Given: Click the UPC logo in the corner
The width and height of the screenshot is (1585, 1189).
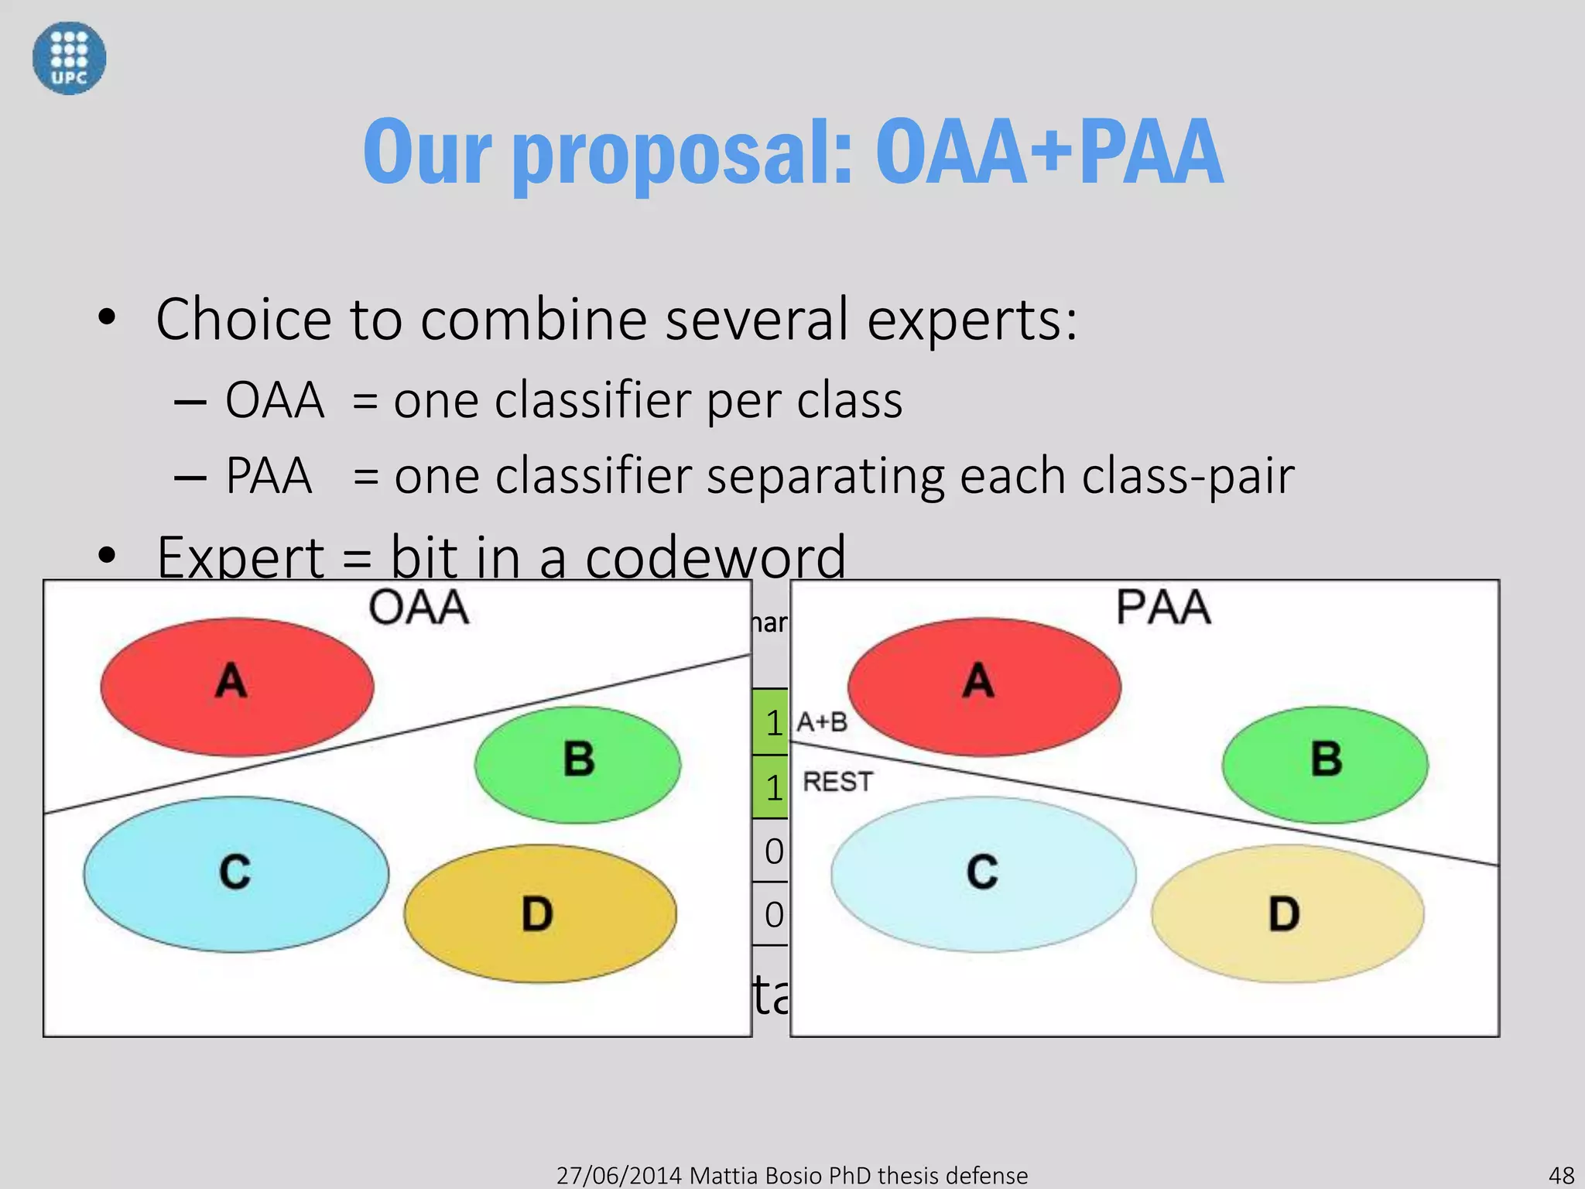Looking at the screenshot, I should pyautogui.click(x=69, y=58).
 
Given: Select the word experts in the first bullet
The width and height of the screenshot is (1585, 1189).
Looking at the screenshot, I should pyautogui.click(x=971, y=320).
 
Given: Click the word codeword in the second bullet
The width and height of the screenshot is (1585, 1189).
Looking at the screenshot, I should pyautogui.click(x=715, y=557).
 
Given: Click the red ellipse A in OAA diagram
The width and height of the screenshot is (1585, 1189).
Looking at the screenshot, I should pyautogui.click(x=237, y=686).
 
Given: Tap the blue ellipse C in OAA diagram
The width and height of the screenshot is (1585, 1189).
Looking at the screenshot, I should pyautogui.click(x=236, y=875).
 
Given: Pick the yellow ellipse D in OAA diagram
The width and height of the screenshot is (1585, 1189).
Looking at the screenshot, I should pyautogui.click(x=539, y=913).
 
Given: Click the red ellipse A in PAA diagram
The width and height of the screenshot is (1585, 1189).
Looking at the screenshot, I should pyautogui.click(x=984, y=686).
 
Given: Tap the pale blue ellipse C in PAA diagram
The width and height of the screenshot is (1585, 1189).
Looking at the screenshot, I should pyautogui.click(x=983, y=875).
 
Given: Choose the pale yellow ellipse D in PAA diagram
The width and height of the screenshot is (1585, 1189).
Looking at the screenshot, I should pyautogui.click(x=1286, y=913).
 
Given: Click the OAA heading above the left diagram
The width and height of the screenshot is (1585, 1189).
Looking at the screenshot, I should pyautogui.click(x=418, y=608).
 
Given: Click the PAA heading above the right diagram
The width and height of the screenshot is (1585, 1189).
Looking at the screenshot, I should pyautogui.click(x=1162, y=608).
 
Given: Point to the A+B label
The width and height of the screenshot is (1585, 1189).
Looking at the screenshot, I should pyautogui.click(x=822, y=722).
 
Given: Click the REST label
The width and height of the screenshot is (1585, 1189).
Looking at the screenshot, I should pyautogui.click(x=837, y=782).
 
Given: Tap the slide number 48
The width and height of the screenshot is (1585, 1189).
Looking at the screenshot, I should pyautogui.click(x=1561, y=1175).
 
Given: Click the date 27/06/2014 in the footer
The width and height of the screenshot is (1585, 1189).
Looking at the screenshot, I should pyautogui.click(x=618, y=1175).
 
